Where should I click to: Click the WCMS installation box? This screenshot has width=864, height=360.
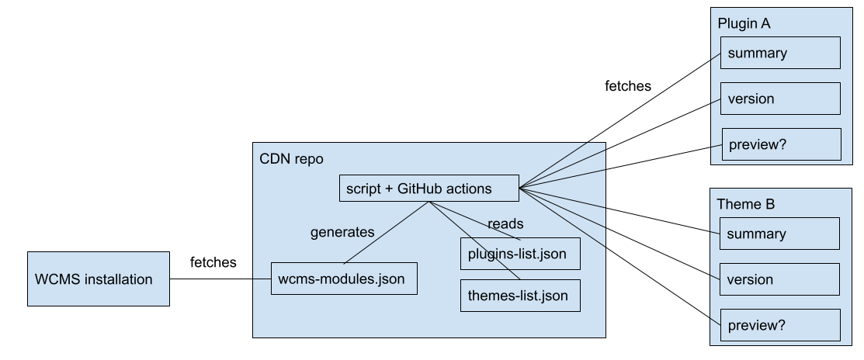[x=99, y=279]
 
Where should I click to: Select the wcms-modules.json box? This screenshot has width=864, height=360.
[x=344, y=279]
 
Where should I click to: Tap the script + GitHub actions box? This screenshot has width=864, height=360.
[x=429, y=188]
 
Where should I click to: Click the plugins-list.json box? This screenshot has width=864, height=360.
[x=520, y=253]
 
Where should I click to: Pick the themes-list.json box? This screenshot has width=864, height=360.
[x=520, y=296]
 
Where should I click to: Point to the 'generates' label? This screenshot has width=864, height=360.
[x=342, y=231]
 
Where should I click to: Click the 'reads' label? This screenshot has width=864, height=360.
[x=505, y=223]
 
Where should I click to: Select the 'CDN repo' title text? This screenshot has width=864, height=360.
[x=291, y=159]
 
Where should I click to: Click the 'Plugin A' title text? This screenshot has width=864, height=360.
[x=744, y=23]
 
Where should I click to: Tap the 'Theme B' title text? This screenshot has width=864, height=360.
[x=745, y=205]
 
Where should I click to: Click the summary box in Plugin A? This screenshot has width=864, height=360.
[x=780, y=54]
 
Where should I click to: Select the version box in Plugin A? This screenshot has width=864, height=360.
[x=780, y=99]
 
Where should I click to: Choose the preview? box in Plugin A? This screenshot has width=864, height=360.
[x=780, y=144]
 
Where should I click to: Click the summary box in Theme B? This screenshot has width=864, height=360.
[x=780, y=234]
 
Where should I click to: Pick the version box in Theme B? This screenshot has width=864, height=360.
[x=780, y=279]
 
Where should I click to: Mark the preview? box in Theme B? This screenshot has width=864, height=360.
[x=780, y=325]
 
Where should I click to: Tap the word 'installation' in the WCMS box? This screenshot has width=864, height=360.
[x=116, y=279]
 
